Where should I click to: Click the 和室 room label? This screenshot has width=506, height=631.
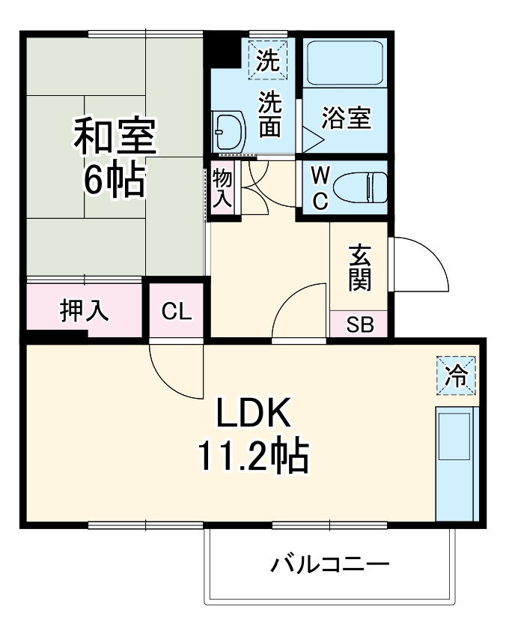coord(115,136)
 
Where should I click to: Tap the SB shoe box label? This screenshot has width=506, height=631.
coord(359,325)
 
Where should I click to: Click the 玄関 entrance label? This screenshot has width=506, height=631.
coord(359,268)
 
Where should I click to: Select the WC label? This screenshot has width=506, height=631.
coord(320,188)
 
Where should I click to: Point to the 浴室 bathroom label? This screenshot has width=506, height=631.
coord(346,118)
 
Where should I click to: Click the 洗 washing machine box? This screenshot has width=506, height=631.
coord(267,60)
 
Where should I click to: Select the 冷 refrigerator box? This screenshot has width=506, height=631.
coord(456,375)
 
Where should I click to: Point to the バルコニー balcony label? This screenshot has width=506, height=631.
coord(329,564)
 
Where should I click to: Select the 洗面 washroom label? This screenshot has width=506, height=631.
coord(269,114)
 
